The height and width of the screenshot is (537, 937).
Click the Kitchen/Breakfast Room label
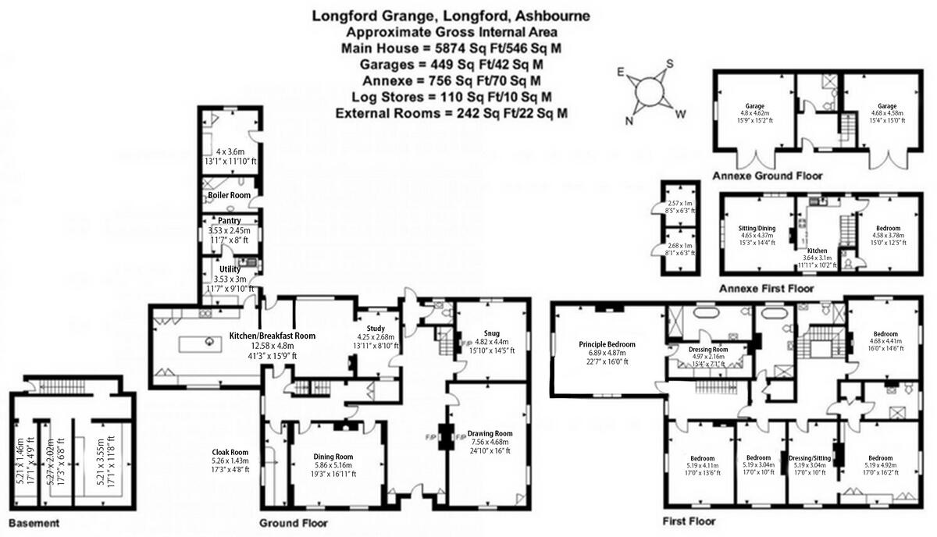(272, 336)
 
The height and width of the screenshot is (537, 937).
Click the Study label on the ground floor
(367, 328)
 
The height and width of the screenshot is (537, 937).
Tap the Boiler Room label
(229, 194)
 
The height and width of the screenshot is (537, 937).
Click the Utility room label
(229, 269)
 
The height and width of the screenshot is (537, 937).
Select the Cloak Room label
(230, 451)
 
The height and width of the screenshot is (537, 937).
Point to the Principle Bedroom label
(607, 344)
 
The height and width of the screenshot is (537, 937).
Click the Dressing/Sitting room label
(809, 457)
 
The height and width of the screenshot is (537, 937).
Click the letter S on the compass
(669, 65)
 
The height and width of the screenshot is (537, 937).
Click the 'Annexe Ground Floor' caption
(762, 176)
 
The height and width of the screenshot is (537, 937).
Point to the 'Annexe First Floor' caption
(767, 288)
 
